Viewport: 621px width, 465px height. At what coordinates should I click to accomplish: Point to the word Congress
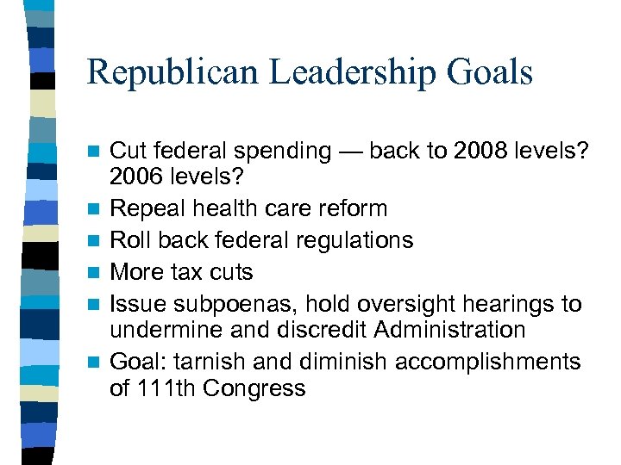[x=254, y=388]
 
